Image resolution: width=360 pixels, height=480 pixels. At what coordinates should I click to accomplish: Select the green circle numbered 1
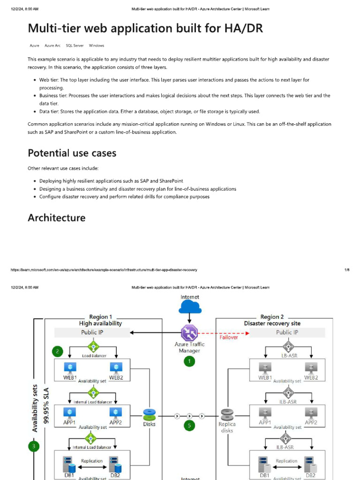[x=189, y=361]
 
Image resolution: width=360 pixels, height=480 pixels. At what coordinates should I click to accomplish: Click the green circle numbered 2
[x=57, y=351]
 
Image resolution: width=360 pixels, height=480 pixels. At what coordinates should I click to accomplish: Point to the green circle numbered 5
[x=189, y=426]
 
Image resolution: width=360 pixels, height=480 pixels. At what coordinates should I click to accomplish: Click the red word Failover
[x=229, y=337]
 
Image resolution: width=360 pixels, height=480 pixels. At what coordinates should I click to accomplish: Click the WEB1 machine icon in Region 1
[x=69, y=367]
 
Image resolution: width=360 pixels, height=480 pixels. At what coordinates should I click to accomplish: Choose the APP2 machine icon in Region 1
[x=116, y=412]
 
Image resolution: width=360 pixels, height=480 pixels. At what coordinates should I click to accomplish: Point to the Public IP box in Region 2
[x=287, y=332]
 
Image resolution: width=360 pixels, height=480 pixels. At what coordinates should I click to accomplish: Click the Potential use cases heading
[x=72, y=153]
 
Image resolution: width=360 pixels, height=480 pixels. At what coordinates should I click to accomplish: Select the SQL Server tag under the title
[x=75, y=45]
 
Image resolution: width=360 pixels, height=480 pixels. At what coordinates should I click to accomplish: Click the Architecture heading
[x=57, y=218]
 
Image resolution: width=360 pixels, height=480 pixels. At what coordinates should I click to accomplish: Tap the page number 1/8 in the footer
[x=347, y=270]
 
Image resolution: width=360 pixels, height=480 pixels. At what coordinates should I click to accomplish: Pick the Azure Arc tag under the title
[x=52, y=45]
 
